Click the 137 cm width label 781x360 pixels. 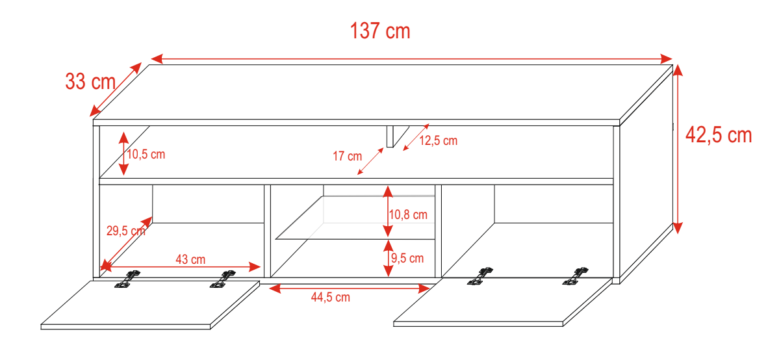pos(380,31)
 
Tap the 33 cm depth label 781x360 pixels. pos(90,82)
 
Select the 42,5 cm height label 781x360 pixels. pos(719,135)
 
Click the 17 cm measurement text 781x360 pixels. pos(347,157)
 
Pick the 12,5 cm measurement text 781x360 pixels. pos(438,141)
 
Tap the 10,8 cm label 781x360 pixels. pos(408,214)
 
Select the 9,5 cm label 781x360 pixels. pos(407,258)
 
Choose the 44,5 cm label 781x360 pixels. pos(331,298)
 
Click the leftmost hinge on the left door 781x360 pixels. pos(128,278)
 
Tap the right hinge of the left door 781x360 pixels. pos(223,279)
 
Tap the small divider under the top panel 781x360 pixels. pos(390,136)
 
